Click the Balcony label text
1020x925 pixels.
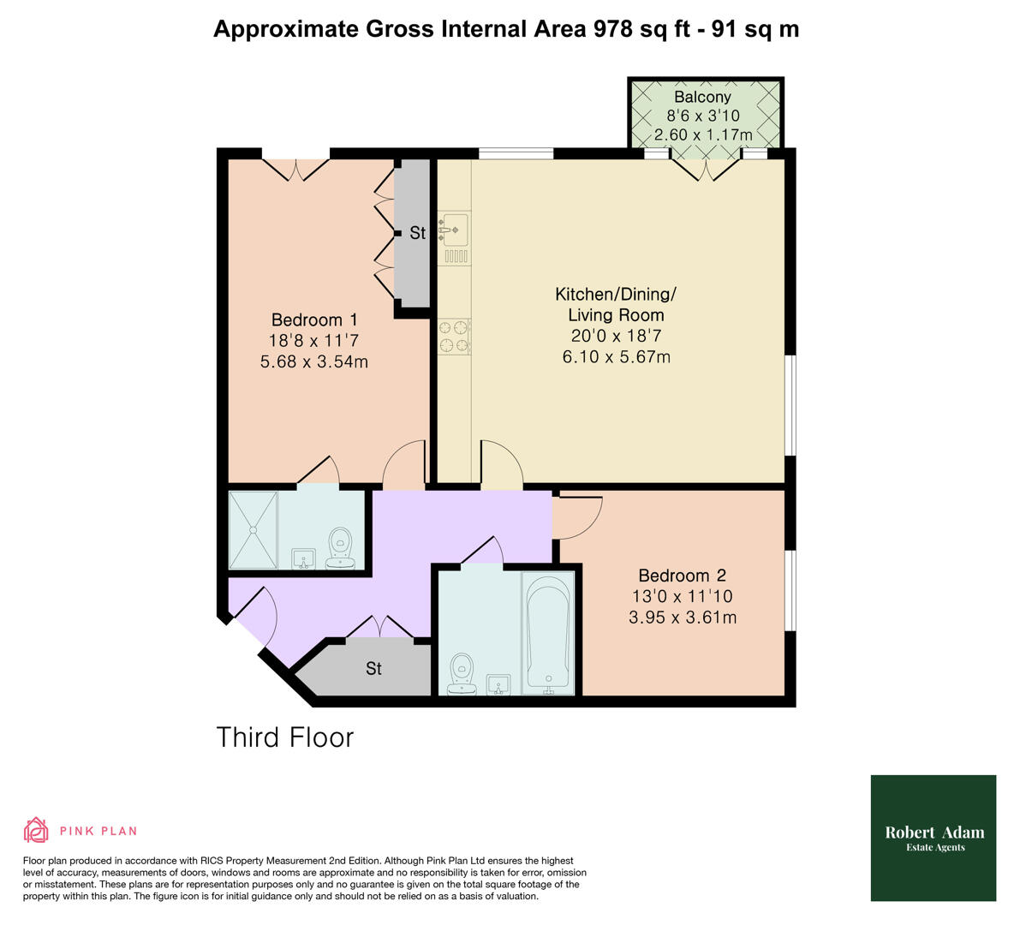tap(702, 97)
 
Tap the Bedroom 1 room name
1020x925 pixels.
tap(307, 319)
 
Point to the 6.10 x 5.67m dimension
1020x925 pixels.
tap(616, 356)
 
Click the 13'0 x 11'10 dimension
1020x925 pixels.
tap(681, 596)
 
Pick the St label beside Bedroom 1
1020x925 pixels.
tap(417, 233)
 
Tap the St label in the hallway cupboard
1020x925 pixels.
tap(373, 668)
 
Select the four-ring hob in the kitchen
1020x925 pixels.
tap(454, 336)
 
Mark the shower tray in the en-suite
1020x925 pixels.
tap(254, 529)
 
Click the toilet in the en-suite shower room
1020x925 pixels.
tap(340, 549)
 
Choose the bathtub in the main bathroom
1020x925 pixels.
tap(548, 634)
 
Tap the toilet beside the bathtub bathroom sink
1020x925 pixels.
tap(462, 674)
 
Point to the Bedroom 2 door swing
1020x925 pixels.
tap(578, 517)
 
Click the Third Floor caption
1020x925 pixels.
tap(284, 737)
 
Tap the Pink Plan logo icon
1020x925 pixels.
tap(36, 830)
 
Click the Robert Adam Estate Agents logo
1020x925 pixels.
tap(934, 838)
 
